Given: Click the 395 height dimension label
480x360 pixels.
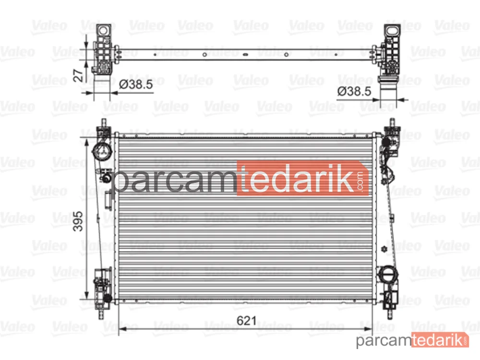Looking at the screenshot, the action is coord(78,221).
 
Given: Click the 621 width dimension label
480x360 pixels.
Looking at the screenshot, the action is coord(247,321).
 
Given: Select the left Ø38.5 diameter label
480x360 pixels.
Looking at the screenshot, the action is coord(136,84).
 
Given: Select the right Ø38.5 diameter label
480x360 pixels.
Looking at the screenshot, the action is coord(354,91).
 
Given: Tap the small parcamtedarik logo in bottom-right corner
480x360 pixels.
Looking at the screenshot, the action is coord(412,340).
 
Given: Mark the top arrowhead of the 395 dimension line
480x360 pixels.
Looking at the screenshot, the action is coord(86,142).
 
